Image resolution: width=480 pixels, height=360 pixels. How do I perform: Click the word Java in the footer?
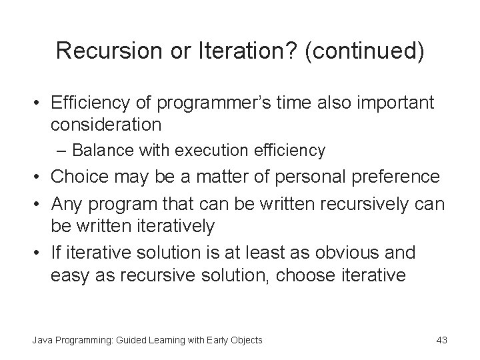click(x=43, y=341)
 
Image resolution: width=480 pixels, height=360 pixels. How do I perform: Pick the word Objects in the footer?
click(x=245, y=341)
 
